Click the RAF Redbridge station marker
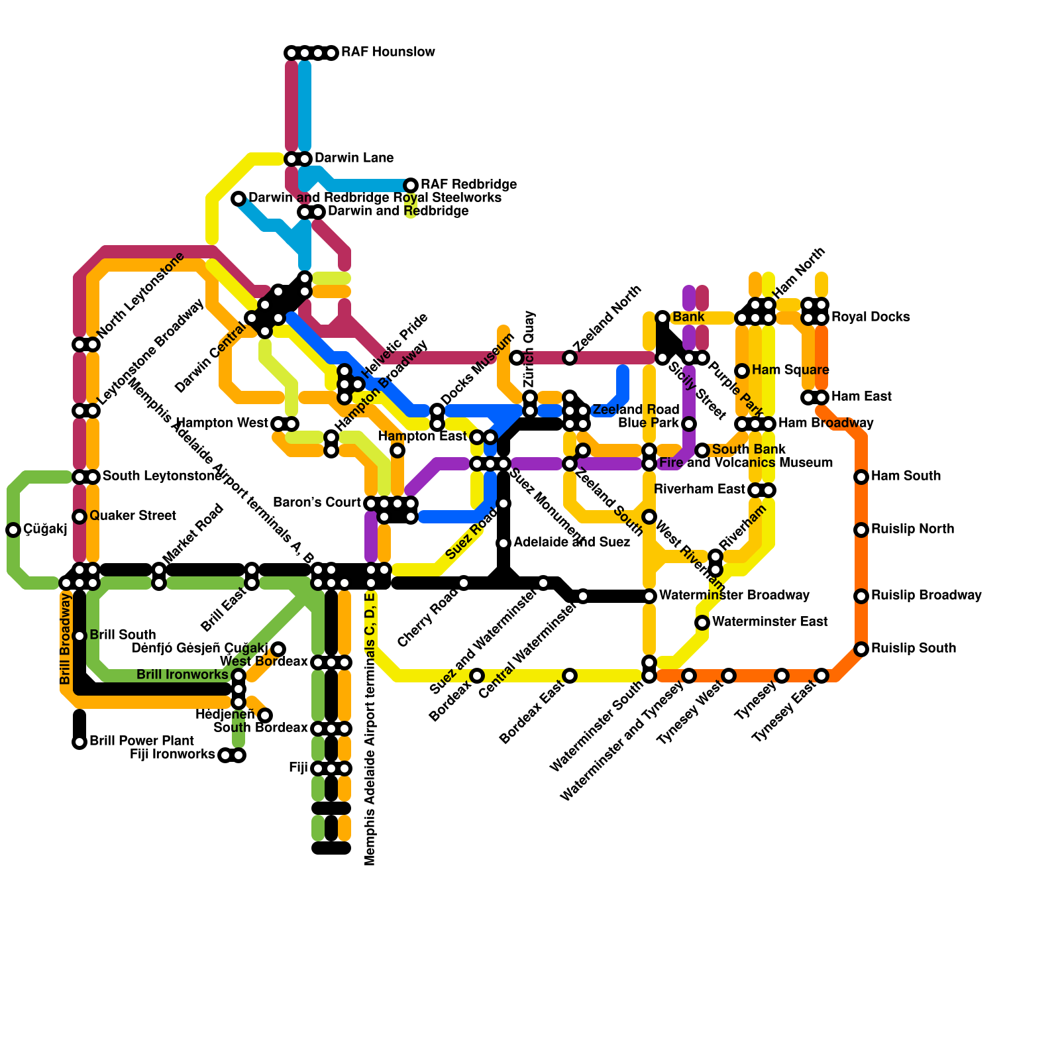(x=411, y=185)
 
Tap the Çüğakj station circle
(x=13, y=529)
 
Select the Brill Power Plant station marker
(x=79, y=741)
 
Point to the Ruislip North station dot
(x=861, y=529)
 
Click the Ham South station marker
(x=861, y=476)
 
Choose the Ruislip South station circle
(x=861, y=649)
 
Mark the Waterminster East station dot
(x=702, y=622)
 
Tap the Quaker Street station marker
(x=79, y=516)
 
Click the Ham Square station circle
(x=742, y=370)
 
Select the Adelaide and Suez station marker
(x=503, y=543)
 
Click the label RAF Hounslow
(x=388, y=52)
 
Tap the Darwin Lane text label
(x=354, y=158)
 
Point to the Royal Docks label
(x=871, y=317)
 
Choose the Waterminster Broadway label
(x=734, y=596)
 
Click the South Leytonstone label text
(x=162, y=476)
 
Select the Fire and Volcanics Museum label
(x=746, y=463)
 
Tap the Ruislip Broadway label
(x=926, y=596)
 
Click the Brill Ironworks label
(x=182, y=675)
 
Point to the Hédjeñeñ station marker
(x=265, y=715)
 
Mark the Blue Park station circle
(x=689, y=423)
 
